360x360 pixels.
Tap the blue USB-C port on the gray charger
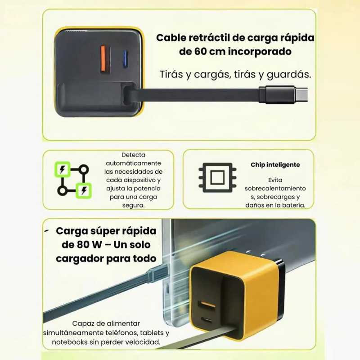point(125,59)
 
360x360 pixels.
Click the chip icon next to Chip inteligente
point(217,177)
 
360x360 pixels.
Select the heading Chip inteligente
point(275,165)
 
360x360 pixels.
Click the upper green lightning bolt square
point(63,169)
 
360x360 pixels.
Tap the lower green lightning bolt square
point(84,190)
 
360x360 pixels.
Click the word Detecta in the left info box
point(133,155)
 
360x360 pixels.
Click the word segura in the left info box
point(133,205)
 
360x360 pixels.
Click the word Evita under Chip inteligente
point(275,180)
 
